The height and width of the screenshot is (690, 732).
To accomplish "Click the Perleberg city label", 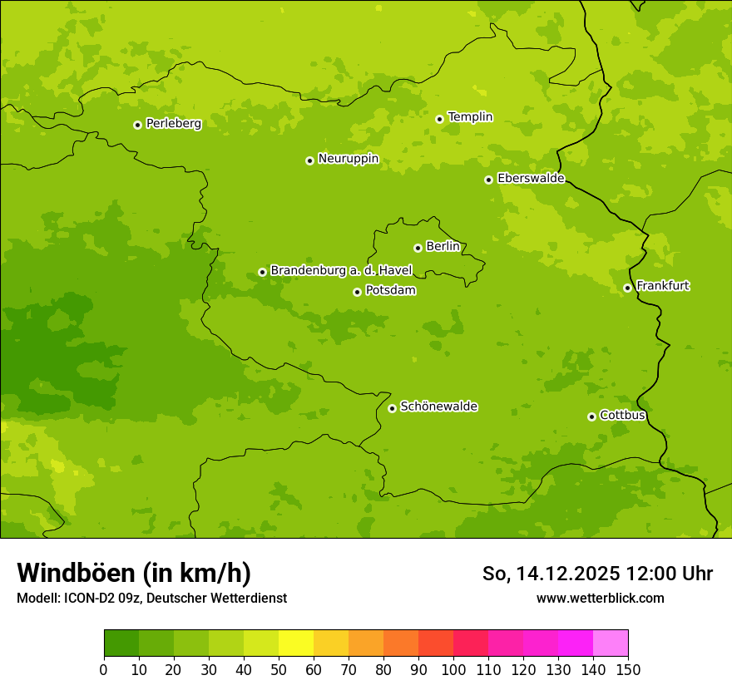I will [173, 124].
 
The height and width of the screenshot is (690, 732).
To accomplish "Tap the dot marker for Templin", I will [439, 119].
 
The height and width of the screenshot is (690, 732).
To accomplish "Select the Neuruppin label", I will [348, 159].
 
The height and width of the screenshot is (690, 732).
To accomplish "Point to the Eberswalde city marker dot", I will [488, 180].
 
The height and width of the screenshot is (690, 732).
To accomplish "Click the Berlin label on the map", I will [443, 247].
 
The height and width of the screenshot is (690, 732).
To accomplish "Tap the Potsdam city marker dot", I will [357, 292].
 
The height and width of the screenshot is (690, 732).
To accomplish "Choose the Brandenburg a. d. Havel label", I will [341, 271].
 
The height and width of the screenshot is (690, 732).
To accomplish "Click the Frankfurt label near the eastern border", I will [662, 286].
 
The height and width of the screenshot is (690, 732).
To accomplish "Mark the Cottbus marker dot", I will [591, 416].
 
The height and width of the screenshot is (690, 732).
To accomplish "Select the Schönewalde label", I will [438, 407].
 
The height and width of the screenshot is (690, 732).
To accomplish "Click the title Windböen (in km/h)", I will [133, 573].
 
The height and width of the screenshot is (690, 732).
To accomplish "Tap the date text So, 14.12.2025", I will [551, 574].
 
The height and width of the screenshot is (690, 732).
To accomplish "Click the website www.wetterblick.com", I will [600, 598].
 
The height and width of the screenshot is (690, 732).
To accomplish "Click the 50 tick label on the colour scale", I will [279, 669].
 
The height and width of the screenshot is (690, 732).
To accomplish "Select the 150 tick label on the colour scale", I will [628, 669].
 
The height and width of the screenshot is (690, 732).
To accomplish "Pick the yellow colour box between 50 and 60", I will [296, 643].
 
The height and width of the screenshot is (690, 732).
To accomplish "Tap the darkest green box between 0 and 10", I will [121, 643].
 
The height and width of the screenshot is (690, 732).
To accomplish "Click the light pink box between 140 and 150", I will [611, 643].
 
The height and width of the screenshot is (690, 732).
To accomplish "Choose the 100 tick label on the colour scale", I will [453, 669].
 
